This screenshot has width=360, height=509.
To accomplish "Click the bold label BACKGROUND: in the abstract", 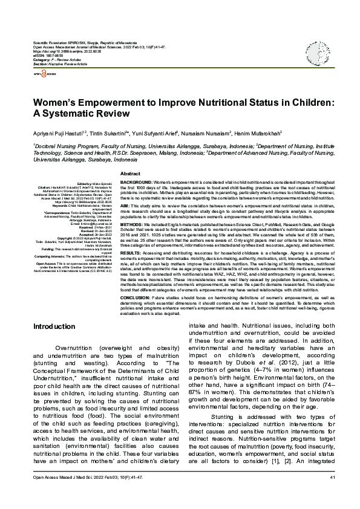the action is click(x=137, y=182).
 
